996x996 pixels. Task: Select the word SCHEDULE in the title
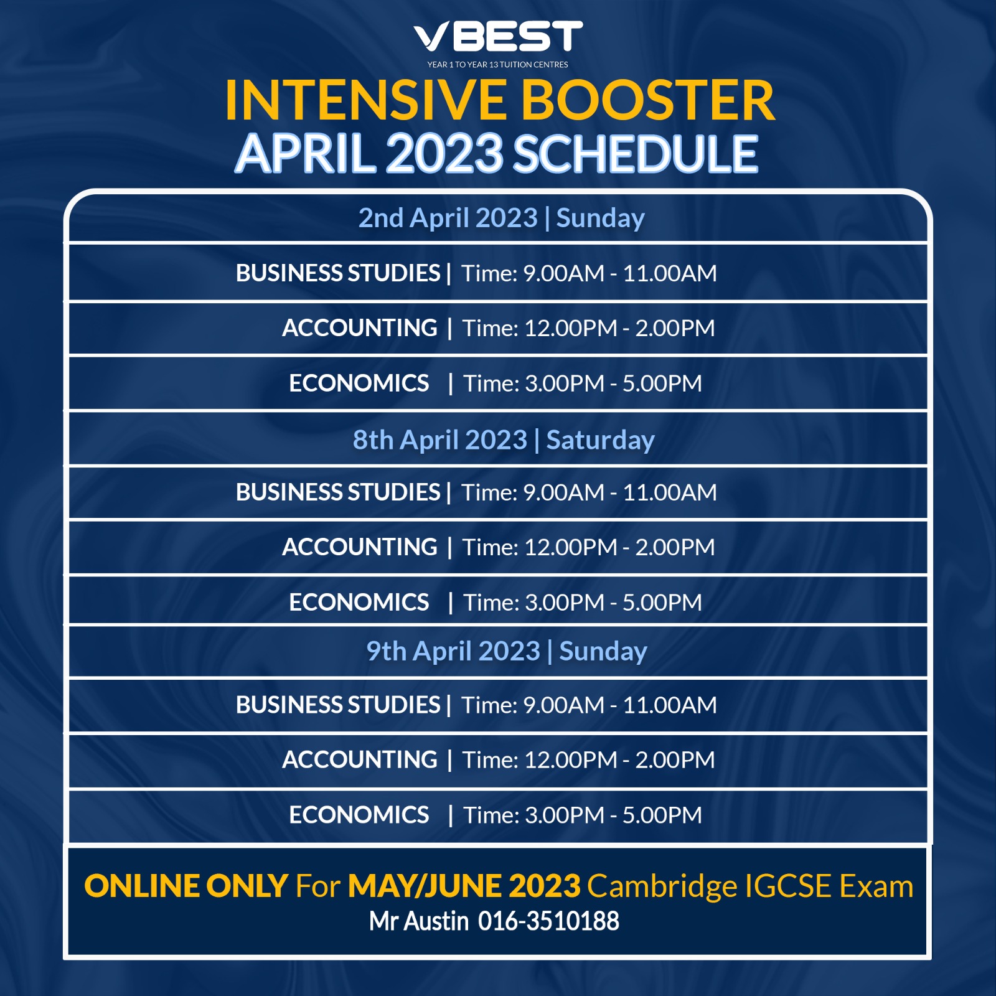coord(636,154)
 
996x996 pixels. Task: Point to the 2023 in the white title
coord(444,154)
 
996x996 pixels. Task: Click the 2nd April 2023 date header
coord(448,218)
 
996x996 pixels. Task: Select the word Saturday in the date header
coord(601,440)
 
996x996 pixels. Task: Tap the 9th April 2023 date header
coord(453,651)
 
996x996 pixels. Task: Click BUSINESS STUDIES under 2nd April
coord(338,273)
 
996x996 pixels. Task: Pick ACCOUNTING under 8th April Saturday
coord(360,547)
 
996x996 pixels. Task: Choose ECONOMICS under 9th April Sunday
coord(359,815)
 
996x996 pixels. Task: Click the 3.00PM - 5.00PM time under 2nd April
coord(614,383)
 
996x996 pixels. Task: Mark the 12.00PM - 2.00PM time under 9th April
coord(620,760)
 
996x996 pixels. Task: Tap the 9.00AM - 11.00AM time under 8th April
coord(620,492)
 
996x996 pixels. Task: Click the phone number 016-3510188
coord(548,921)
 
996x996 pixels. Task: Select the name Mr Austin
coord(418,921)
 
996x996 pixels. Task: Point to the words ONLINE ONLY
coord(186,886)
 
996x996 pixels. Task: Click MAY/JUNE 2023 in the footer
coord(464,886)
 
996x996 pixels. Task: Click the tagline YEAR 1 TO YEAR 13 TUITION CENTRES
coord(498,65)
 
